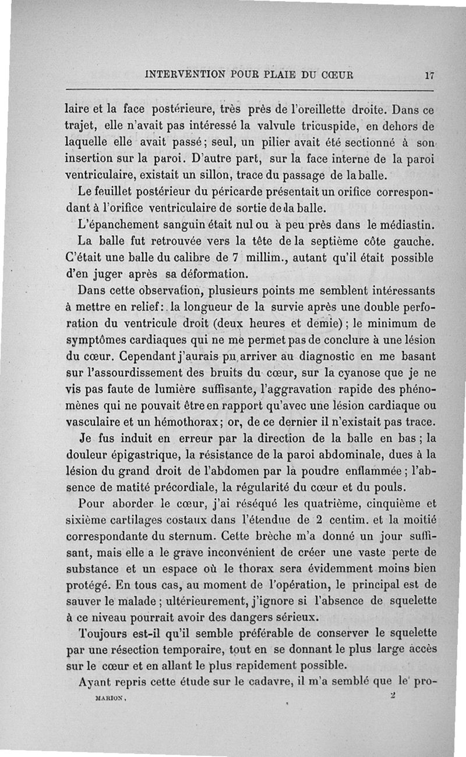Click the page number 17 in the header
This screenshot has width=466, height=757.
click(x=430, y=75)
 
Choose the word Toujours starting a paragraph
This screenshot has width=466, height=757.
click(x=101, y=632)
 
